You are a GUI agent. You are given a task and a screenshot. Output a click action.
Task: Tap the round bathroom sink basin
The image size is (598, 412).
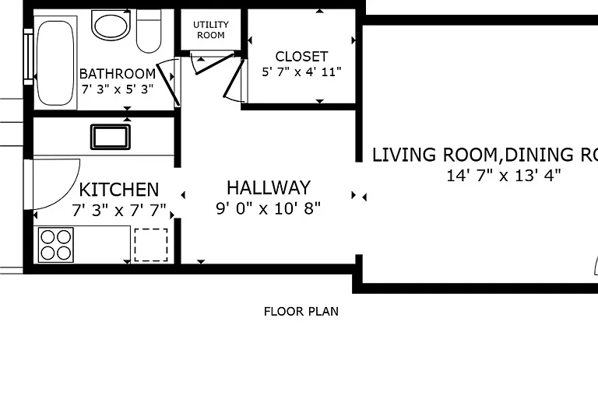(x=111, y=26)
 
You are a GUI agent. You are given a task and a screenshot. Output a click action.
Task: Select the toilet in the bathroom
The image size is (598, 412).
(x=149, y=31)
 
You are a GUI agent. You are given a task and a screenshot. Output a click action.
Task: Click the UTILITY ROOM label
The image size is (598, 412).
(x=211, y=30)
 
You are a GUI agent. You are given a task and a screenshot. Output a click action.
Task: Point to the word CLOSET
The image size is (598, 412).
(x=301, y=56)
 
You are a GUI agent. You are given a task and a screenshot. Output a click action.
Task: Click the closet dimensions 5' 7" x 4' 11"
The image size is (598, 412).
(x=301, y=72)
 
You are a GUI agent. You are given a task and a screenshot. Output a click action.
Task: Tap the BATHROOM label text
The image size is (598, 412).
(x=118, y=73)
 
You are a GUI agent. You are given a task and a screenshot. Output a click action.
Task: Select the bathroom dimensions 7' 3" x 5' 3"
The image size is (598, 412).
(x=118, y=89)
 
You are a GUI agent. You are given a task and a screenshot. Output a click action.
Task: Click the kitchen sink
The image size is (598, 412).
(x=111, y=137)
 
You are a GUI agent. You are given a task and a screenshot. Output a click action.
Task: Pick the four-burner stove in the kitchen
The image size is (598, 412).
(x=56, y=245)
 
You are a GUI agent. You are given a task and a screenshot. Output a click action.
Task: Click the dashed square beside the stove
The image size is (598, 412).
(x=151, y=245)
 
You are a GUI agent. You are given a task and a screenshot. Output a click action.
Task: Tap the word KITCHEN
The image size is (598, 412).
(x=119, y=190)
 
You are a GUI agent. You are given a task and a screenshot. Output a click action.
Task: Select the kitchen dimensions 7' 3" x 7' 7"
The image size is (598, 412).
(x=119, y=210)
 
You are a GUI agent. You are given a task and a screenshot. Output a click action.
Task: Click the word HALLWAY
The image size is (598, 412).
(x=269, y=187)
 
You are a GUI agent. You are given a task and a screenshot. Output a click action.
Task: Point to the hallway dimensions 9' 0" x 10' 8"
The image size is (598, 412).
(x=269, y=208)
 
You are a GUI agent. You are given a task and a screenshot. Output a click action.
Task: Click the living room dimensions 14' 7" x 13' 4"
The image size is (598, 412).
(x=504, y=176)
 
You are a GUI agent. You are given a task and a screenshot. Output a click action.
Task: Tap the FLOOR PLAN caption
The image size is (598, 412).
(x=301, y=312)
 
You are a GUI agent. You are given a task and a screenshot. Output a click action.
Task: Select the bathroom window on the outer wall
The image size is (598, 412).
(x=29, y=56)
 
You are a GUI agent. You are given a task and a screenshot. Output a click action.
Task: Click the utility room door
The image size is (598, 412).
(x=214, y=64)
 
